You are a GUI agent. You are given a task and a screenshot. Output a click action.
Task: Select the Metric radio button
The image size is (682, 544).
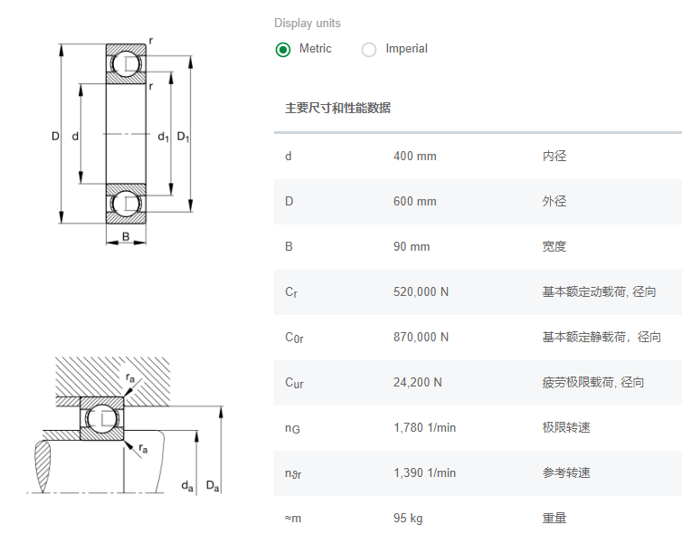(x=283, y=50)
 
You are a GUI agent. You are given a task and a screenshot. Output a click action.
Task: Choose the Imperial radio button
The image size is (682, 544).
(x=369, y=50)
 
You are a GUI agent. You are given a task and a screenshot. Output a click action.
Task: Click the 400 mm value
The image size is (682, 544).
(x=414, y=157)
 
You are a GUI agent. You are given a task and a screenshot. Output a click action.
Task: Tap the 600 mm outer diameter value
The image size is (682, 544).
(x=414, y=202)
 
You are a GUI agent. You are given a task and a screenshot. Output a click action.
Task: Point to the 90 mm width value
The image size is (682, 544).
(x=412, y=247)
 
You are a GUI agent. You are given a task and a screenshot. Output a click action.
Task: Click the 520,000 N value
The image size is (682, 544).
(x=421, y=292)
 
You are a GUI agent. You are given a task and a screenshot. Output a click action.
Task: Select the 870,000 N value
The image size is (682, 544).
(x=421, y=338)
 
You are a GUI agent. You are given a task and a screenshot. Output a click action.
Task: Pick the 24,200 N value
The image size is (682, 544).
(x=418, y=383)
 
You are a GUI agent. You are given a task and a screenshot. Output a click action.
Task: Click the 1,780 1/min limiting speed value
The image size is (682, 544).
(x=424, y=428)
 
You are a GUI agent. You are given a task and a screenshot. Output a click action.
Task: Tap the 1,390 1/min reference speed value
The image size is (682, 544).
(x=424, y=473)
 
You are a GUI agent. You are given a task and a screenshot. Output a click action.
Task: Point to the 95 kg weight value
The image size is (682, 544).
(x=408, y=519)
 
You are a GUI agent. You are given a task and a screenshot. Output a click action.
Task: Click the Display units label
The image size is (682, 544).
(x=308, y=24)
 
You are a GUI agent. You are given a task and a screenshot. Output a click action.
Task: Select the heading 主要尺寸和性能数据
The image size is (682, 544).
(x=337, y=109)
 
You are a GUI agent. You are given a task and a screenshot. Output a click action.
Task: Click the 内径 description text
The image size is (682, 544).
(x=554, y=157)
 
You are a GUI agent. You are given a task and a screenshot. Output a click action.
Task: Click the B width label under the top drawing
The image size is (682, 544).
(x=126, y=238)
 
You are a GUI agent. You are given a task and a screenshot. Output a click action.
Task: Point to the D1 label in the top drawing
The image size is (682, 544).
(x=184, y=138)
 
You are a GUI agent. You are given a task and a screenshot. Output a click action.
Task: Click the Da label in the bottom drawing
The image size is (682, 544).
(x=213, y=487)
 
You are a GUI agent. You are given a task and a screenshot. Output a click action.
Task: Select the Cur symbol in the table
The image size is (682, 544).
(x=294, y=383)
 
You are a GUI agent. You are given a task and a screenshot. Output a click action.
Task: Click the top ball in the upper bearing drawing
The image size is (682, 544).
(x=126, y=63)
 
